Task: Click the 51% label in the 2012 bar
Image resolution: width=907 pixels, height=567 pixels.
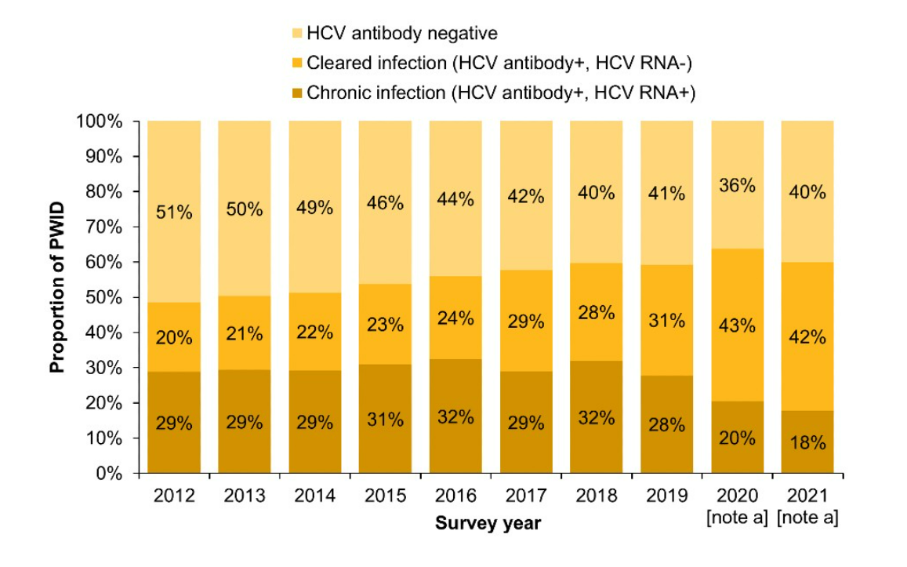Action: pos(174,212)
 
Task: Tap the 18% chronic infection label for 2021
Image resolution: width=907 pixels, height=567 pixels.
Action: pos(807,442)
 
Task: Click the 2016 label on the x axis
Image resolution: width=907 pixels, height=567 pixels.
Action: pos(456,496)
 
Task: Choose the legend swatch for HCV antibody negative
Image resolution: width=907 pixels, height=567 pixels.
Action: pos(296,34)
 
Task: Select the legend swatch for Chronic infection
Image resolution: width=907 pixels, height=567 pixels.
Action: pos(296,93)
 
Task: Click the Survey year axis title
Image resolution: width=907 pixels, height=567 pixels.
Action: pos(488,523)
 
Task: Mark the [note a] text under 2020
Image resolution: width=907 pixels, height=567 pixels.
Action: pos(737,518)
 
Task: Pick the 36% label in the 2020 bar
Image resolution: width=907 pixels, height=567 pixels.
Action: pos(737,186)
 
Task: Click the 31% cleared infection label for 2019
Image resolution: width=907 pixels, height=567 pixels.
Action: pos(666,320)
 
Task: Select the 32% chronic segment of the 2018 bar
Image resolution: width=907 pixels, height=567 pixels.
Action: pos(596,417)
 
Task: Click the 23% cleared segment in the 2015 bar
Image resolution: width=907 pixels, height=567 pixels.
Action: pos(385,324)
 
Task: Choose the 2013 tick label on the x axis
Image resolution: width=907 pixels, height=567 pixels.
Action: pos(245,496)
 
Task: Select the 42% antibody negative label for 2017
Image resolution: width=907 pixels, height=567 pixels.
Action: pos(525,197)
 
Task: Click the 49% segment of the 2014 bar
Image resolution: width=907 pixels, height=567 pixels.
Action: pos(314,208)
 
